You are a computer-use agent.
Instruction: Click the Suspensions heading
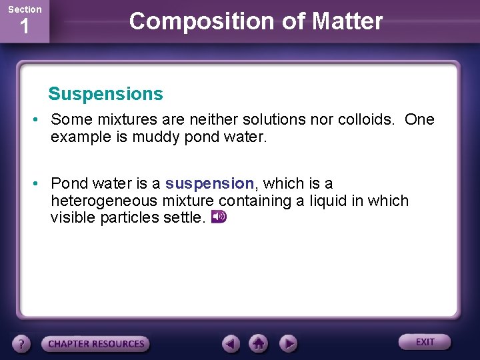[105, 94]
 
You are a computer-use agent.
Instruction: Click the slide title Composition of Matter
[256, 21]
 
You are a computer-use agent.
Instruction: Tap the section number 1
[24, 28]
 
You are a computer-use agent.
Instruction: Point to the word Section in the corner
[24, 9]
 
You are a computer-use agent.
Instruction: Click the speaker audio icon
[219, 217]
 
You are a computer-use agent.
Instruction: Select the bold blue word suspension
[209, 183]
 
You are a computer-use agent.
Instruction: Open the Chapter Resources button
[96, 344]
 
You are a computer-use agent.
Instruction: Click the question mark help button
[22, 344]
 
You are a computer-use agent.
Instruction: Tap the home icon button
[258, 344]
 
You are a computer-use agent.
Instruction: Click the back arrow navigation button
[231, 344]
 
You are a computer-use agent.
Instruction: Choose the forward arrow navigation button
[287, 344]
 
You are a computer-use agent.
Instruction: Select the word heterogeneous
[107, 201]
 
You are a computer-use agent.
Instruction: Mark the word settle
[181, 217]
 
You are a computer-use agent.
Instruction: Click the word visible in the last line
[73, 217]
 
